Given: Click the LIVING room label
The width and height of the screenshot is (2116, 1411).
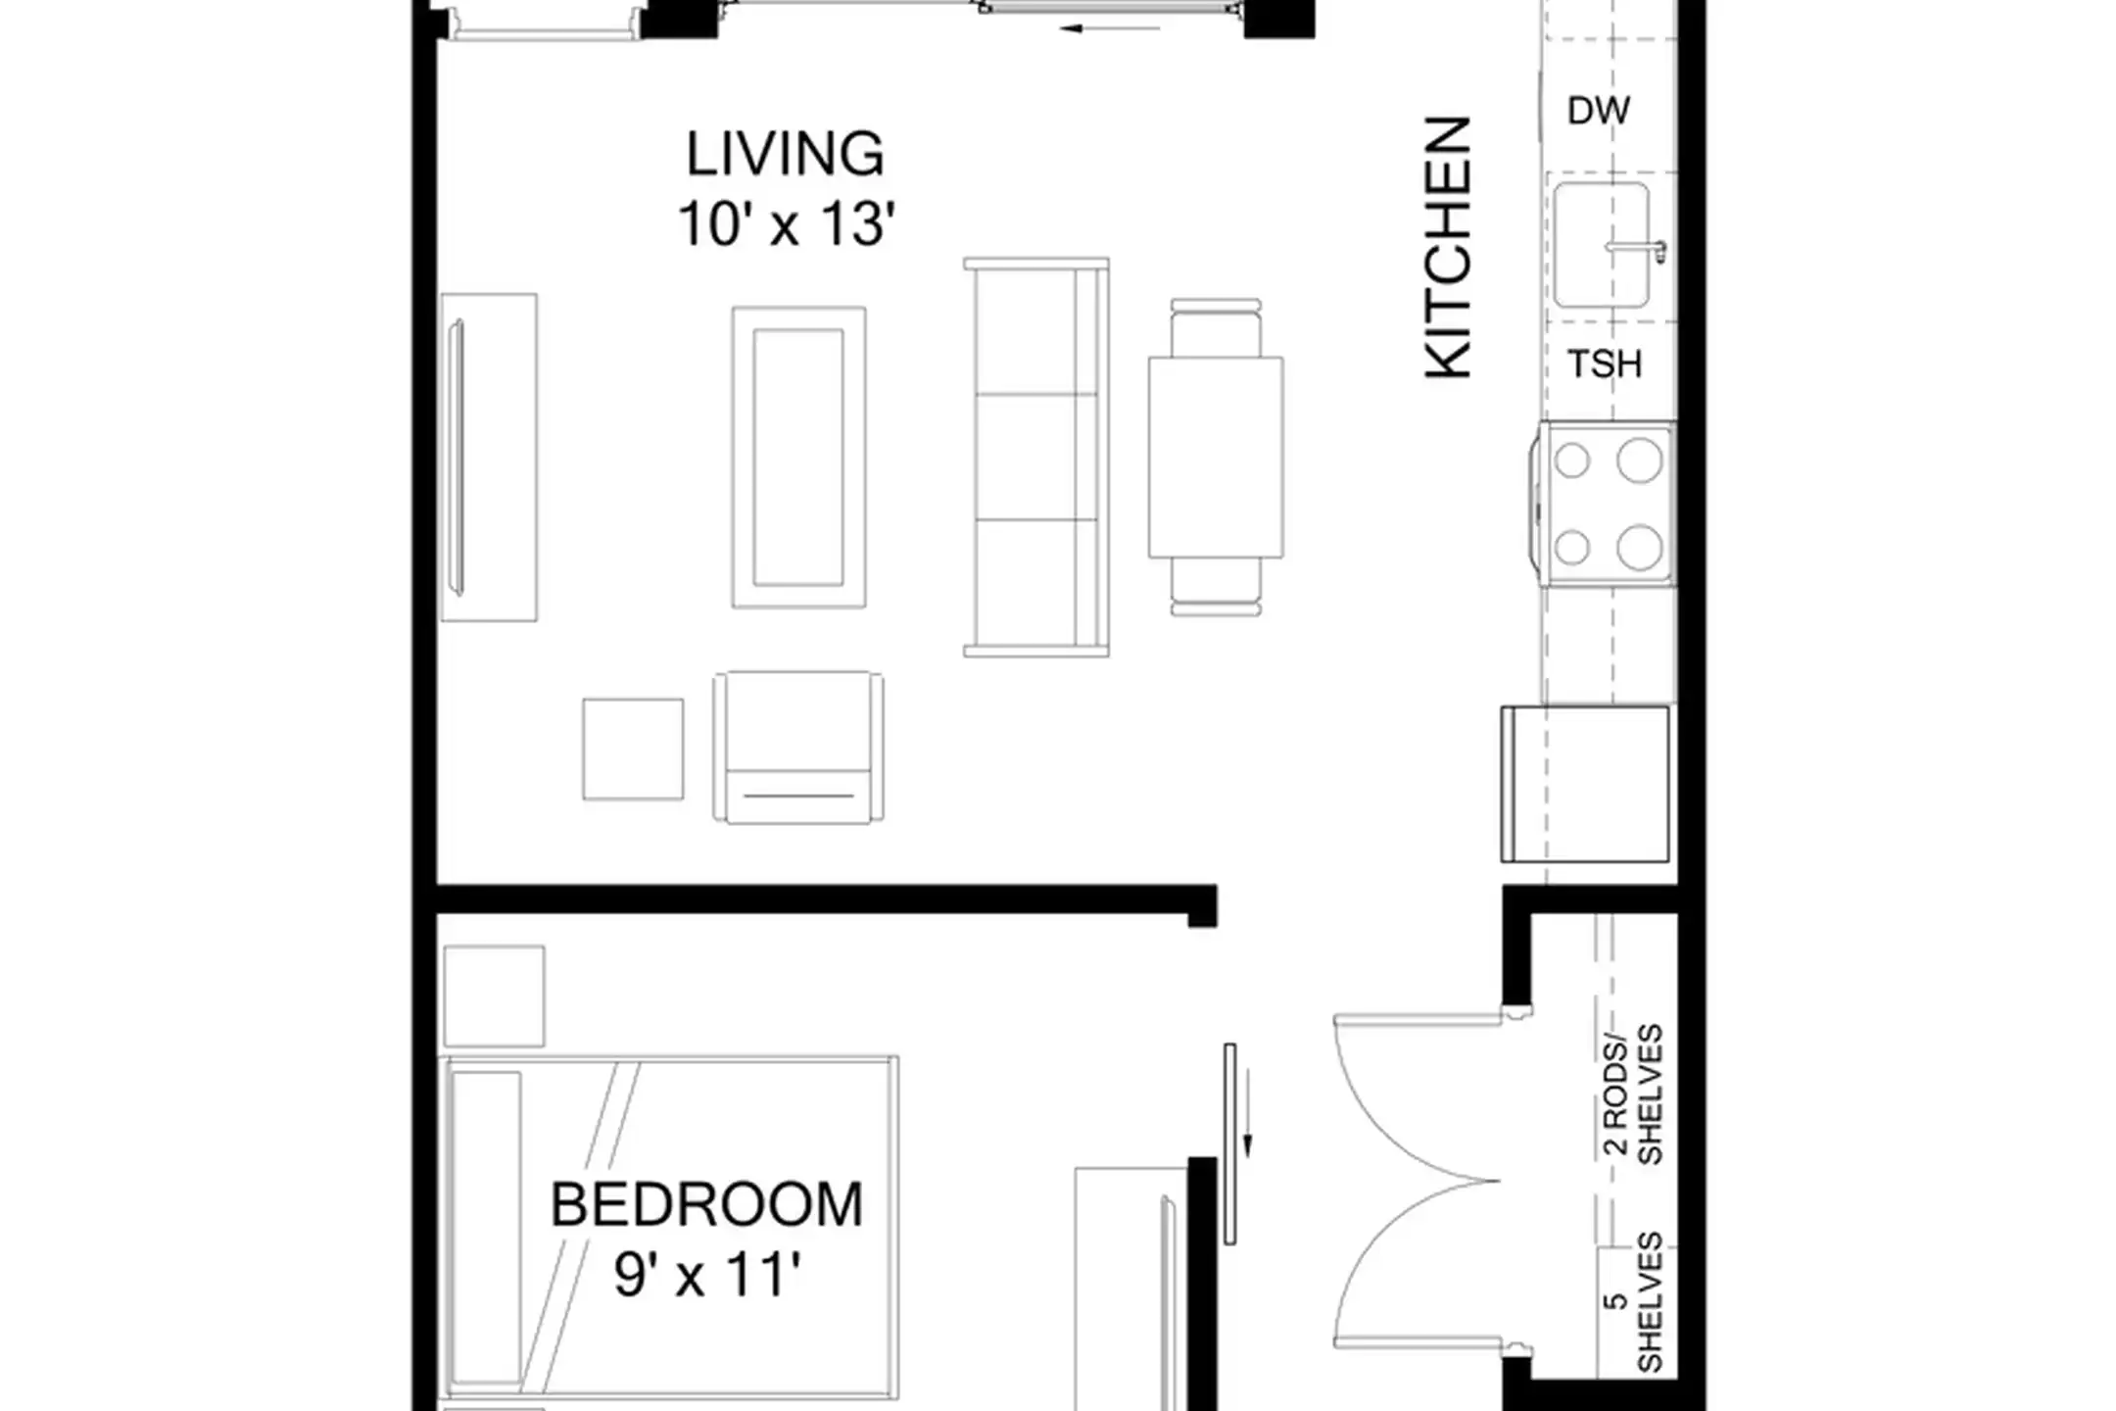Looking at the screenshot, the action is point(785,155).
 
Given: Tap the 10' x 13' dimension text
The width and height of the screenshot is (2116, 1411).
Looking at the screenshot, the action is point(787,224).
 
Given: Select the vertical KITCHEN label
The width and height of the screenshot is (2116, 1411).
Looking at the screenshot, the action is point(1448,247).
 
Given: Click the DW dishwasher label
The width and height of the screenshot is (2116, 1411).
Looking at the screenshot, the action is point(1599,111).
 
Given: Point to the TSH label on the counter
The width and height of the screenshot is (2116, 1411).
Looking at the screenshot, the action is point(1605,365).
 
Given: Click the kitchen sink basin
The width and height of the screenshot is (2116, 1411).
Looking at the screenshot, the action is point(1602,245).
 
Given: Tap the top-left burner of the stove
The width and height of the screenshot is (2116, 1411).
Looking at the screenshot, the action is point(1572,461).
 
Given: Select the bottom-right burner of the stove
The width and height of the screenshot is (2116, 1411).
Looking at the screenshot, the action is point(1639,548).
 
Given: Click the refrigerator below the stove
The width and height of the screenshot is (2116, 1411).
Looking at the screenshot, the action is point(1585,784).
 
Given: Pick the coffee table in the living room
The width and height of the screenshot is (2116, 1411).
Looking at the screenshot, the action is point(798,458).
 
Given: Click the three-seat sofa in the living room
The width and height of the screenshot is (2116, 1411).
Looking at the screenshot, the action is point(1036,457).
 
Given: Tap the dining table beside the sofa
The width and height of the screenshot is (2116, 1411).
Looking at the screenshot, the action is point(1216,458).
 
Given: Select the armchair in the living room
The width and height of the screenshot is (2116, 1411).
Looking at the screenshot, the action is point(798,747).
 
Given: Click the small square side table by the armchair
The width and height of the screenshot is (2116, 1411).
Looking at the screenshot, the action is point(633,749).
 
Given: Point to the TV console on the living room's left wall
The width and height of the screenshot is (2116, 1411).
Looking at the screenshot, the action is point(489,458).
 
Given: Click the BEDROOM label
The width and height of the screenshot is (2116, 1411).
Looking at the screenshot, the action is point(706,1205).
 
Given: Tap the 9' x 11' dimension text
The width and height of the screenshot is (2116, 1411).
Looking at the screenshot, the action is point(707,1276).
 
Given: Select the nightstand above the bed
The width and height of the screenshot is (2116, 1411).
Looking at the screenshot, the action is point(494,996).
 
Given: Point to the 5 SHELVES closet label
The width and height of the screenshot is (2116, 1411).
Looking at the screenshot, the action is point(1634,1302).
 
